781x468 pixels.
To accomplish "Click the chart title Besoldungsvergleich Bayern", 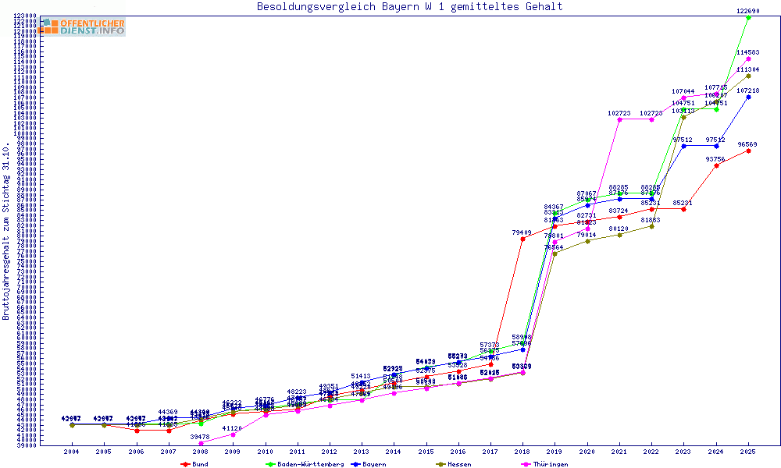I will [409, 7].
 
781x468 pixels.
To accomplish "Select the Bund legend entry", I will [194, 464].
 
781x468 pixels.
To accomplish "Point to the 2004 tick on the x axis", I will [72, 452].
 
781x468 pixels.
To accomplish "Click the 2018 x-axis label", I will [522, 452].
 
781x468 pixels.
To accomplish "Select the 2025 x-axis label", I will [748, 452].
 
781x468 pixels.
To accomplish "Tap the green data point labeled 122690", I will [748, 17].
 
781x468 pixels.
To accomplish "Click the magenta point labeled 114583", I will [748, 58].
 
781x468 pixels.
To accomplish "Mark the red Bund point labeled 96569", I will [748, 151].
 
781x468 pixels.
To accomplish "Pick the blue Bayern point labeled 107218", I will [748, 97].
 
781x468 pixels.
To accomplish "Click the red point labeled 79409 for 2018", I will [522, 239].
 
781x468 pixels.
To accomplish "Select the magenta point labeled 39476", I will [201, 443].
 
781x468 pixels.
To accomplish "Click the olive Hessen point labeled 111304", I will [748, 76].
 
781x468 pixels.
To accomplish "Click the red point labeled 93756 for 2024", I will [716, 165].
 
